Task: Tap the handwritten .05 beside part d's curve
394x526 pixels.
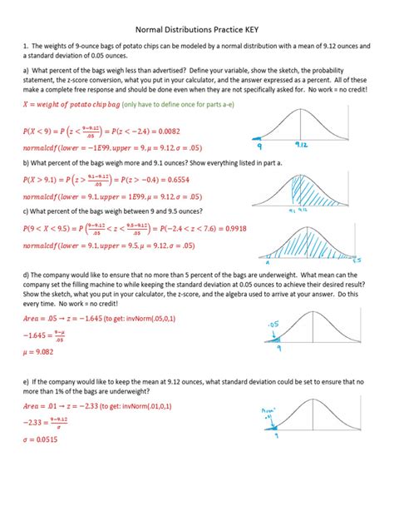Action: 271,324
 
